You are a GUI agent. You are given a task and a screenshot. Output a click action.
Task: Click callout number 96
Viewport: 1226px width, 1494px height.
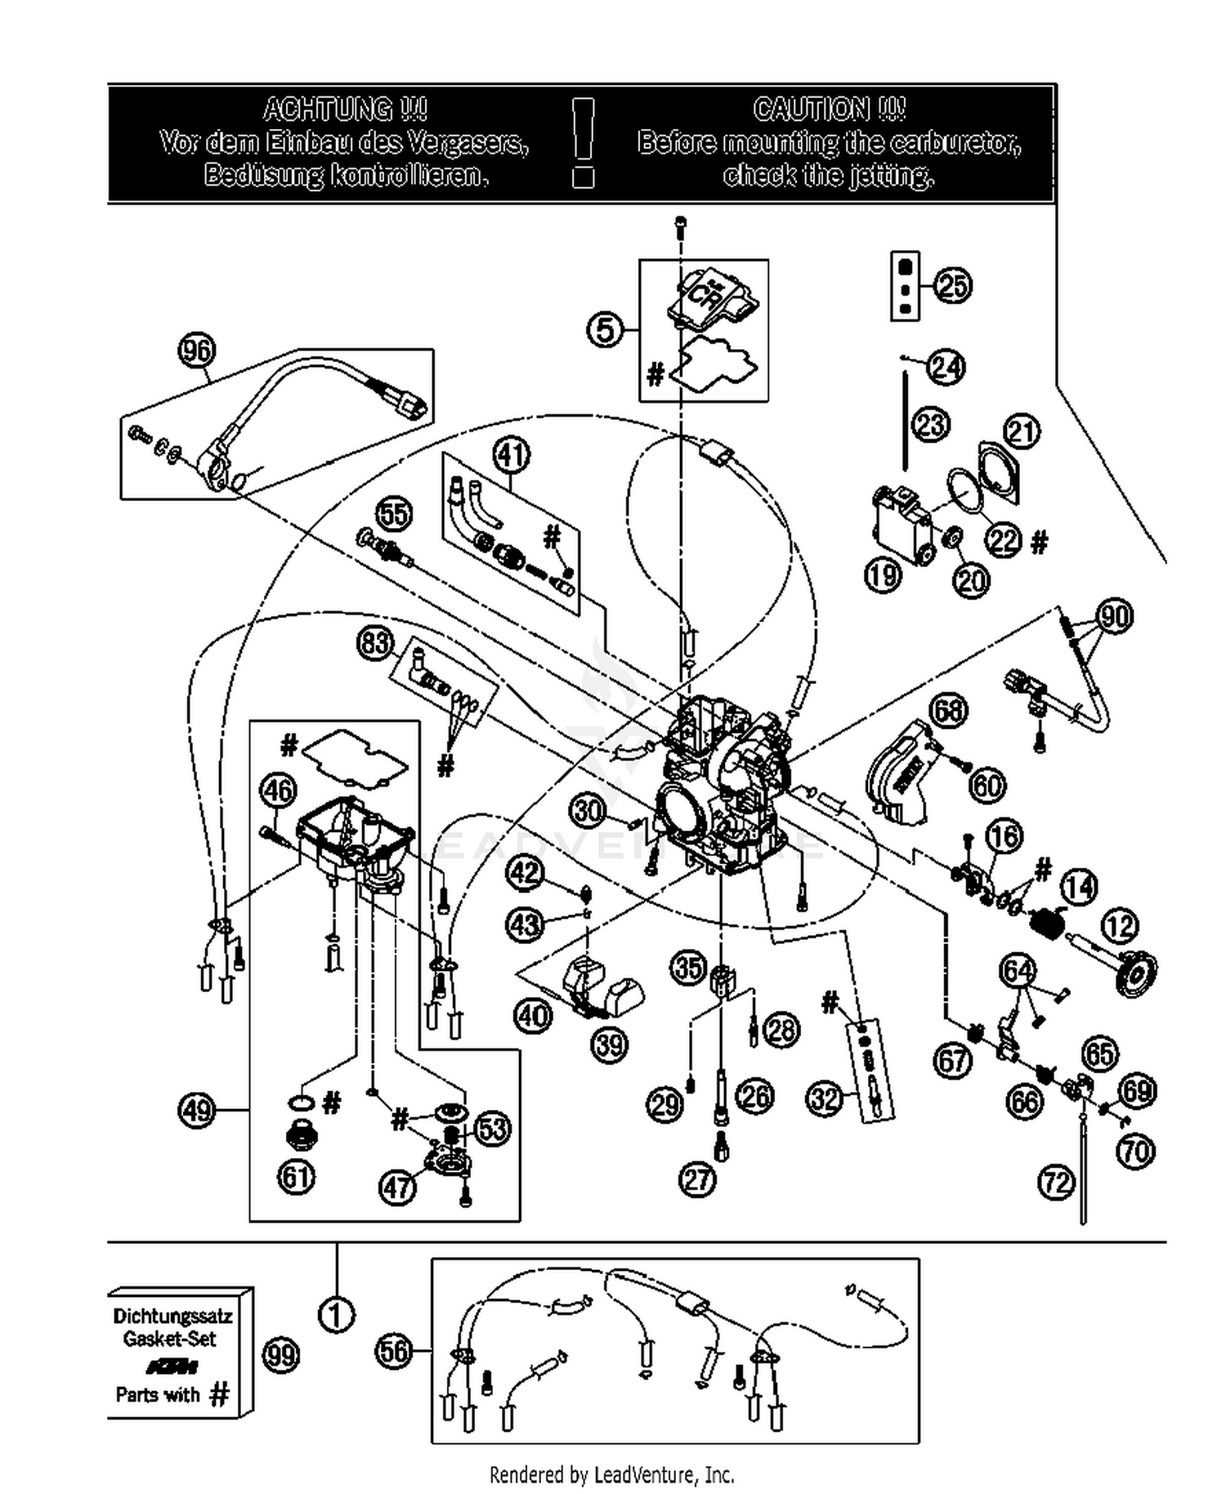pos(196,351)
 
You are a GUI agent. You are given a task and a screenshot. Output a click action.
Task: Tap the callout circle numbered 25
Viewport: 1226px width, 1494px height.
pos(952,286)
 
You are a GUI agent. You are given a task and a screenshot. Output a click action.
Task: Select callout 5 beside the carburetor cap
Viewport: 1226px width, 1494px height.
pos(606,330)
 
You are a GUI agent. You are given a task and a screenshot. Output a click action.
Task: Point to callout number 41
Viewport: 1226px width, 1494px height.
pos(512,454)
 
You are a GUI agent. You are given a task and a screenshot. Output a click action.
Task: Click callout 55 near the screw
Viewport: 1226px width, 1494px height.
pos(394,514)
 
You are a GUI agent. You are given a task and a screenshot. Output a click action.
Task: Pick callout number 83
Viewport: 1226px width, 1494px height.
pos(376,643)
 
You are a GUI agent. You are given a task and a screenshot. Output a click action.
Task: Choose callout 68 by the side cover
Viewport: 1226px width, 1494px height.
pos(948,710)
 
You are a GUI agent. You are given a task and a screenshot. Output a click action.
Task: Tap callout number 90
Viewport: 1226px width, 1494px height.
pos(1115,615)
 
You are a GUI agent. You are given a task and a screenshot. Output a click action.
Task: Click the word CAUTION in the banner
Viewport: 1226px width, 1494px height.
pos(828,109)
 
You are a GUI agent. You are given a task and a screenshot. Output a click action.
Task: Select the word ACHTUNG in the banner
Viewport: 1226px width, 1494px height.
pos(344,109)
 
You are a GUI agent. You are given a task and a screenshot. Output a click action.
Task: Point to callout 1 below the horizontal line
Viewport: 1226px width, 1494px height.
pos(336,1316)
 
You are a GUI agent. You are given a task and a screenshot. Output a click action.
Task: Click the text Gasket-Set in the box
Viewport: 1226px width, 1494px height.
pos(170,1339)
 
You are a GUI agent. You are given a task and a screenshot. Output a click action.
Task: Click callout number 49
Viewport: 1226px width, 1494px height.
pos(196,1110)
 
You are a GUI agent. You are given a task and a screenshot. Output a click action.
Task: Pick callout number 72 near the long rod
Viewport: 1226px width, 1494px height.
pos(1056,1182)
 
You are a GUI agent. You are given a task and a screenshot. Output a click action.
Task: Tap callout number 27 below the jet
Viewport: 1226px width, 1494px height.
pos(697,1179)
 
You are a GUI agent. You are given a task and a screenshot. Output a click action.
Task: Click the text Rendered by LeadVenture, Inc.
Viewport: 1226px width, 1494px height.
pos(611,1474)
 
